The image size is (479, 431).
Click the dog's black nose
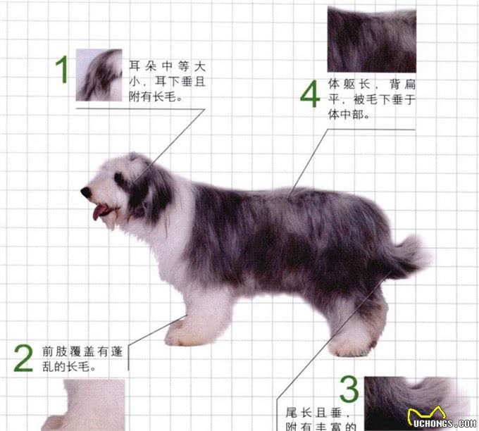[x=85, y=192]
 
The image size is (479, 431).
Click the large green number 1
[x=63, y=70]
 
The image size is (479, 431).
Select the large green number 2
[x=23, y=358]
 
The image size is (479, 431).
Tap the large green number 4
[x=310, y=95]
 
